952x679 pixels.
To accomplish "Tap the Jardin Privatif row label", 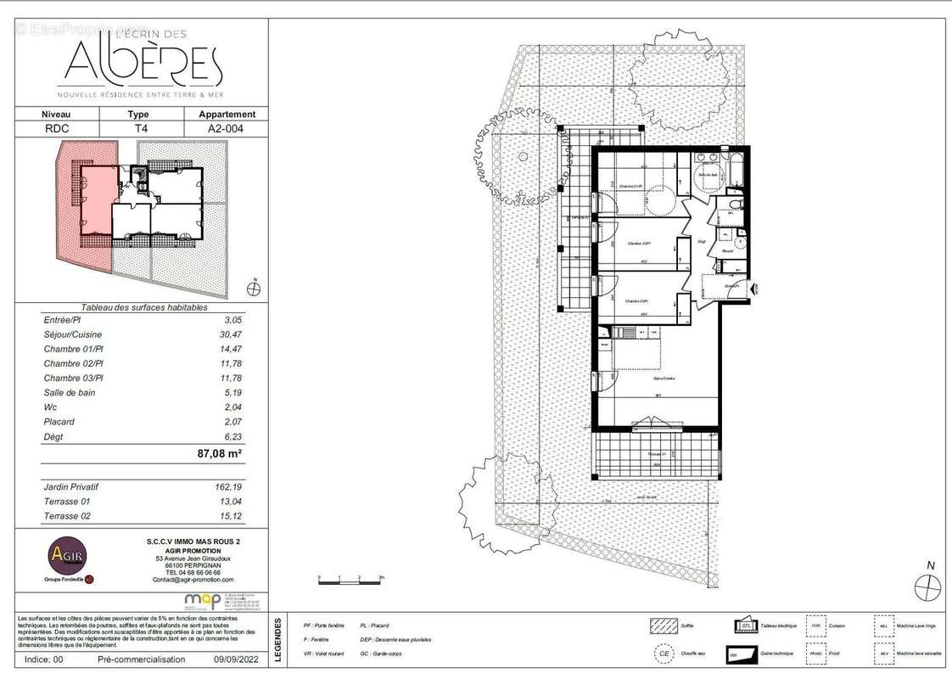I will [x=71, y=487].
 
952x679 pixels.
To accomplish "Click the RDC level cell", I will [x=57, y=128].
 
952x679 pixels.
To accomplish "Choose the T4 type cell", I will [x=138, y=128].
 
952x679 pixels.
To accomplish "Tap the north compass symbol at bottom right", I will [x=928, y=586].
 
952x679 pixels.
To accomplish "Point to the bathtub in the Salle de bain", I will [x=736, y=170].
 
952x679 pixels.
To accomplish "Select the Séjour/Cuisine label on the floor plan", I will [x=663, y=378].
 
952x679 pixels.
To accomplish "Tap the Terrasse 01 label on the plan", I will [x=656, y=455].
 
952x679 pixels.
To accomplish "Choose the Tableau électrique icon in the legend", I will [x=745, y=626].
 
